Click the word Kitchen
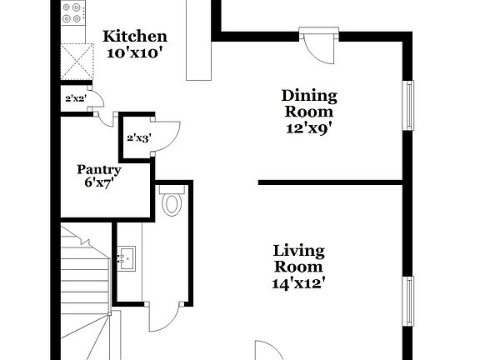pyautogui.click(x=135, y=37)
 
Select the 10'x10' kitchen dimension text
pyautogui.click(x=135, y=52)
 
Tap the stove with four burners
pyautogui.click(x=73, y=14)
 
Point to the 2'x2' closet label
pyautogui.click(x=76, y=98)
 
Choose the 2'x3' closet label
pyautogui.click(x=137, y=137)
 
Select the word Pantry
pyautogui.click(x=99, y=169)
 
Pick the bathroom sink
pyautogui.click(x=127, y=259)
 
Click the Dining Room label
pyautogui.click(x=308, y=104)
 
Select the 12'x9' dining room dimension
pyautogui.click(x=308, y=128)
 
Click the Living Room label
pyautogui.click(x=299, y=258)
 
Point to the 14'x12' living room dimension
pyautogui.click(x=299, y=282)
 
